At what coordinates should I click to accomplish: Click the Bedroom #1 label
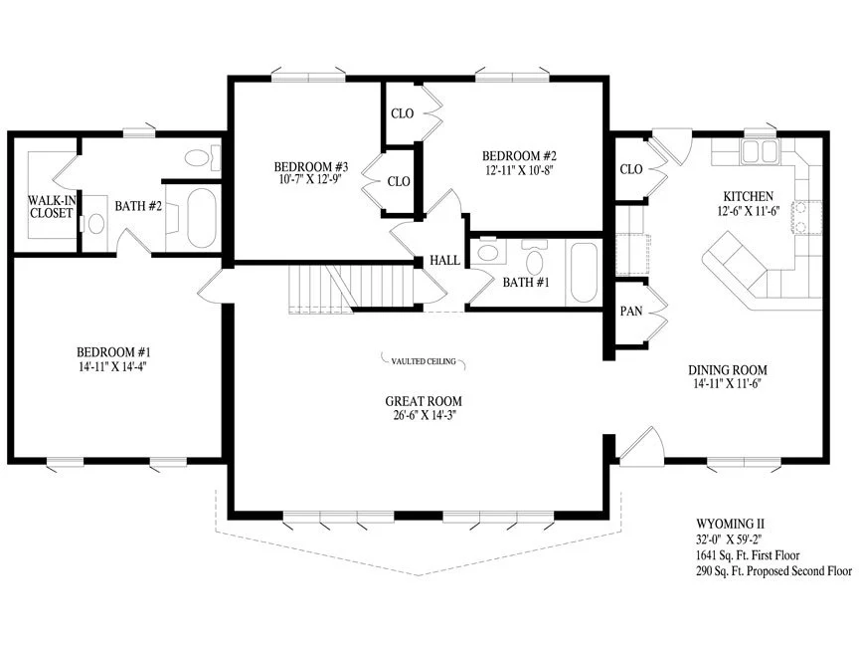(x=113, y=352)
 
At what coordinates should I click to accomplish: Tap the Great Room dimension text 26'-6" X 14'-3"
(x=424, y=415)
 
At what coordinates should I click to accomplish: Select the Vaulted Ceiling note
(x=424, y=361)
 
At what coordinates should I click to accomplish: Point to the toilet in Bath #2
(x=202, y=158)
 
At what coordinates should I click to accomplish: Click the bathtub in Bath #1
(x=584, y=273)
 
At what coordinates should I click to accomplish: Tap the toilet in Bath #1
(x=534, y=257)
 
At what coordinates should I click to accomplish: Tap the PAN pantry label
(x=631, y=311)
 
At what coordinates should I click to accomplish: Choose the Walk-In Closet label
(x=52, y=207)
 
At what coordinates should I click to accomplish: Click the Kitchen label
(x=749, y=196)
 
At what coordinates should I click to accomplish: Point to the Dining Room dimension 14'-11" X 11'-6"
(x=728, y=383)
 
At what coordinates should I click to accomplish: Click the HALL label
(x=444, y=260)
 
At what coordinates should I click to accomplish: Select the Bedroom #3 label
(x=311, y=166)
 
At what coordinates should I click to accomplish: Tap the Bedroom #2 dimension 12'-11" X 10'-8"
(x=519, y=170)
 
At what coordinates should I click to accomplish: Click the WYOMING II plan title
(x=731, y=525)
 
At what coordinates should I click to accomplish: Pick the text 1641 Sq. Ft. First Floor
(x=748, y=555)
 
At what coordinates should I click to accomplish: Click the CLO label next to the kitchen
(x=631, y=169)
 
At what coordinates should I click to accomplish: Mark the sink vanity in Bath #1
(x=488, y=252)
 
